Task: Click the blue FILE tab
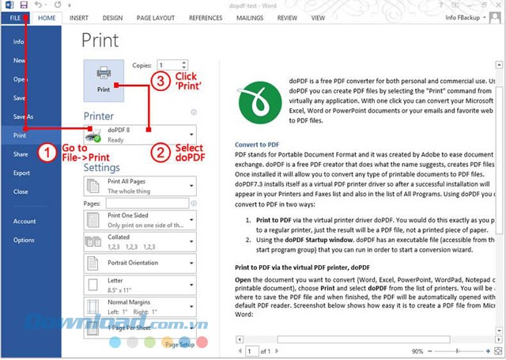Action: click(x=15, y=17)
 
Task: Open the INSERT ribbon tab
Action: click(x=78, y=17)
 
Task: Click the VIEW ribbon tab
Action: click(x=318, y=17)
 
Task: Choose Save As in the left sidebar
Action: click(x=24, y=116)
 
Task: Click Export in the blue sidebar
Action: click(x=21, y=172)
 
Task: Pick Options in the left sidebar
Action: click(x=24, y=240)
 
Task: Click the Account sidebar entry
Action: click(x=25, y=222)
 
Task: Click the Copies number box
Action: click(x=172, y=66)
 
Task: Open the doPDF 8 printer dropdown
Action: click(x=140, y=135)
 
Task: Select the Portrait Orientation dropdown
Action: click(x=140, y=263)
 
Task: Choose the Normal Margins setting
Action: click(x=140, y=306)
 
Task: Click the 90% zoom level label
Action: click(x=417, y=350)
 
